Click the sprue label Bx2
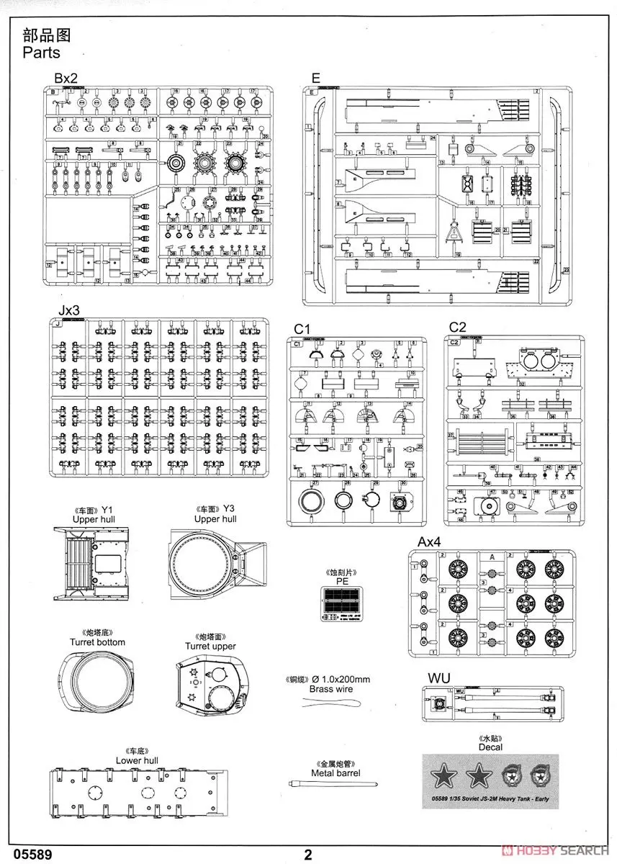tap(65, 78)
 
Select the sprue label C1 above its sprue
tap(302, 329)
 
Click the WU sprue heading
tap(438, 678)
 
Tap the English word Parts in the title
tap(41, 53)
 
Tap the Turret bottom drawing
tap(97, 681)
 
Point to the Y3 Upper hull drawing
tap(215, 562)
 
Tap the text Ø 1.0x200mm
tap(339, 679)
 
